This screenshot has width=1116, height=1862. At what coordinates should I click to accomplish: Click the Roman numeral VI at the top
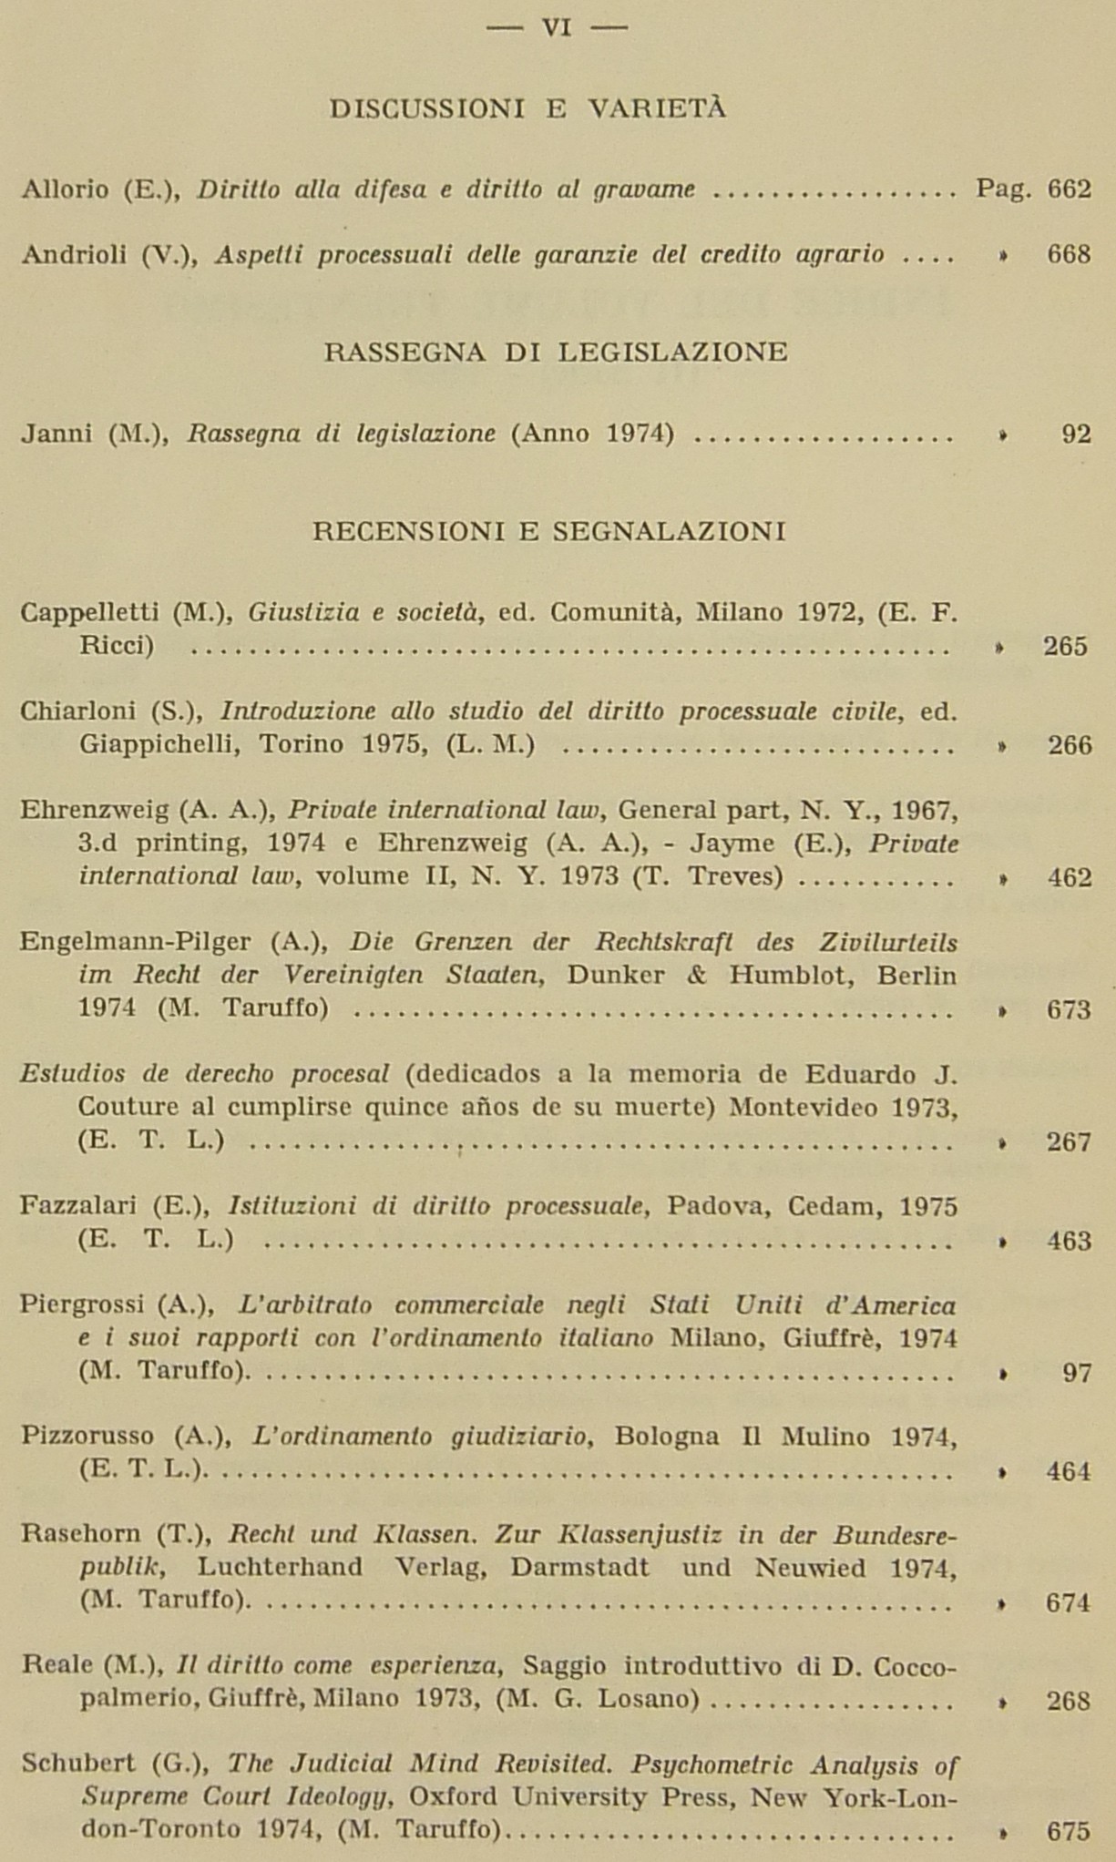(557, 28)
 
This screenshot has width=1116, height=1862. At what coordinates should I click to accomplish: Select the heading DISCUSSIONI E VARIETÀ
(527, 109)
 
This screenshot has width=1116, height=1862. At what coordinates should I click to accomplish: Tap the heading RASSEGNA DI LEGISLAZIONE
(556, 353)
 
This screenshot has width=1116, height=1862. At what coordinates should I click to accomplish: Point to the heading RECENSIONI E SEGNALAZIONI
(548, 531)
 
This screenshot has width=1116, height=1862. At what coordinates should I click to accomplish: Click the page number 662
(1069, 189)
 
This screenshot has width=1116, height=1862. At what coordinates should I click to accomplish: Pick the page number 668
(1069, 254)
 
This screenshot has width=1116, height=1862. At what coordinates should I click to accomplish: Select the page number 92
(1076, 435)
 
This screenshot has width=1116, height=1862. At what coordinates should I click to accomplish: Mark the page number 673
(1068, 1010)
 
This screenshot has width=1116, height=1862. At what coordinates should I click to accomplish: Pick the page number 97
(1076, 1373)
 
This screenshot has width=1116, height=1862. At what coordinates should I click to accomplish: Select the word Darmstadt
(579, 1568)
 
